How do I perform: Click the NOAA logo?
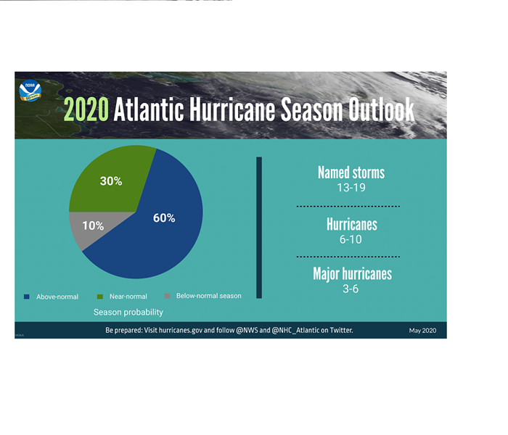(30, 91)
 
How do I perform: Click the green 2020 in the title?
(86, 109)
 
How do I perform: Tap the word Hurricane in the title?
(232, 109)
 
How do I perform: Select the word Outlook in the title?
(381, 109)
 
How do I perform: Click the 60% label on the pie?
(164, 217)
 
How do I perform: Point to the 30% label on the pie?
(111, 181)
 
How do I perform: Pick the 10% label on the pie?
(93, 225)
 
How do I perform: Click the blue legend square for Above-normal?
(27, 297)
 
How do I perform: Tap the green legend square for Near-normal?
(100, 297)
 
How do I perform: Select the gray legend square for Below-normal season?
(167, 296)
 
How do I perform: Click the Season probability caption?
(128, 312)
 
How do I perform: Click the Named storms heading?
(351, 173)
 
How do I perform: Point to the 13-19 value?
(351, 188)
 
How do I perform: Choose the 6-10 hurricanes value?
(351, 239)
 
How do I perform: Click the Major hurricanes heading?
(353, 274)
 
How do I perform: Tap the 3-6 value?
(351, 289)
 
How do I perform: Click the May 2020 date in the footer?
(422, 331)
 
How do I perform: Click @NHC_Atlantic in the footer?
(295, 330)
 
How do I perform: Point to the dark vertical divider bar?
(259, 228)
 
